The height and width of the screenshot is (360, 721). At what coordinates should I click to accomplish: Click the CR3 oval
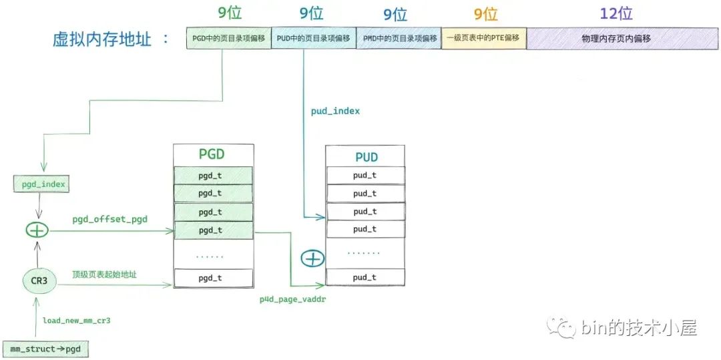pos(39,281)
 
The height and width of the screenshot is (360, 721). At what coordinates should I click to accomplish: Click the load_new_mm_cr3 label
pos(77,321)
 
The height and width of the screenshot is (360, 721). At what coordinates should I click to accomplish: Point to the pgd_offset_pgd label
pos(110,219)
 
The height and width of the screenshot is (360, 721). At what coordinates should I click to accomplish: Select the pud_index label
pos(335,112)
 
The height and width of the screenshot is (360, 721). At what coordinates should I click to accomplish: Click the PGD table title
pos(212,154)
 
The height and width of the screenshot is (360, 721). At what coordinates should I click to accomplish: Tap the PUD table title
pos(367,157)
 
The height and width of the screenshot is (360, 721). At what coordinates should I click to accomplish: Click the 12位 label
pos(616,14)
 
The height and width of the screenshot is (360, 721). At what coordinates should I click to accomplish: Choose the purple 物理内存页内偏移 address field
pos(623,39)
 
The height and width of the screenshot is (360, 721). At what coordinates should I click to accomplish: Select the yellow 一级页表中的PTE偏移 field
pos(484,38)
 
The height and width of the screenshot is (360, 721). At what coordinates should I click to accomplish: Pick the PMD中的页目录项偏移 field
pos(399,38)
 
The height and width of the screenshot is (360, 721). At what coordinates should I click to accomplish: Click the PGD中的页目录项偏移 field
pos(228,38)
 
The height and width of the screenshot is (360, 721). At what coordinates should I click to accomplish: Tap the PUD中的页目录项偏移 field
pos(314,38)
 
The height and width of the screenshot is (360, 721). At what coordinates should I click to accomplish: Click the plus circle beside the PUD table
pos(312,259)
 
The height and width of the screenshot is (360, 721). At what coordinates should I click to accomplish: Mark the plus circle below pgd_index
pos(37,230)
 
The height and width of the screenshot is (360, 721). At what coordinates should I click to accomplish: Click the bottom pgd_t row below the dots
pos(214,278)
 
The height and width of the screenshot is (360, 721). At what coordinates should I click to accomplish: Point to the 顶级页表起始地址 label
pos(104,275)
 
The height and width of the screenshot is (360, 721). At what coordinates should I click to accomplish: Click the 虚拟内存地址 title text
pos(101,39)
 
